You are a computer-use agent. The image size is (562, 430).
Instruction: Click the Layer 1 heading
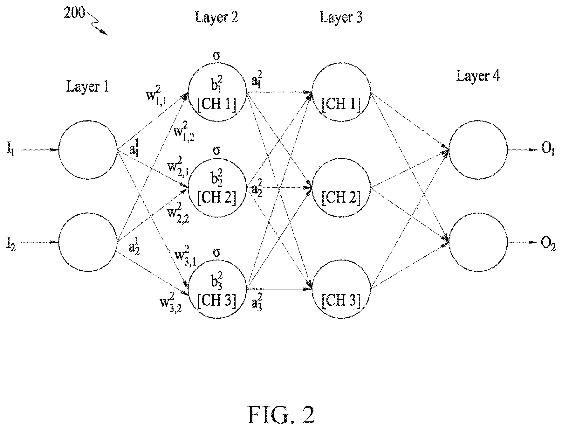(x=87, y=86)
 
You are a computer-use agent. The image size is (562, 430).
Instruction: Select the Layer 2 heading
(x=216, y=17)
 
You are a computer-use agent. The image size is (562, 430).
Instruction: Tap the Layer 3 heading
(x=341, y=17)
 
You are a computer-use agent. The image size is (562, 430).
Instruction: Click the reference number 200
(x=74, y=13)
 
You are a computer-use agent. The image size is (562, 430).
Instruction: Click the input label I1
(x=11, y=150)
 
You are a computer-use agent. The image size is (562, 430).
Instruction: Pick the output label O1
(x=548, y=150)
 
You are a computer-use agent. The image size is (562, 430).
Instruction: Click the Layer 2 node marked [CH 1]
(x=217, y=92)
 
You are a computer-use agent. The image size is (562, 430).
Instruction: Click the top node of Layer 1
(x=88, y=149)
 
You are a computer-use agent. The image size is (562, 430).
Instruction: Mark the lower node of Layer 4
(x=478, y=243)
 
